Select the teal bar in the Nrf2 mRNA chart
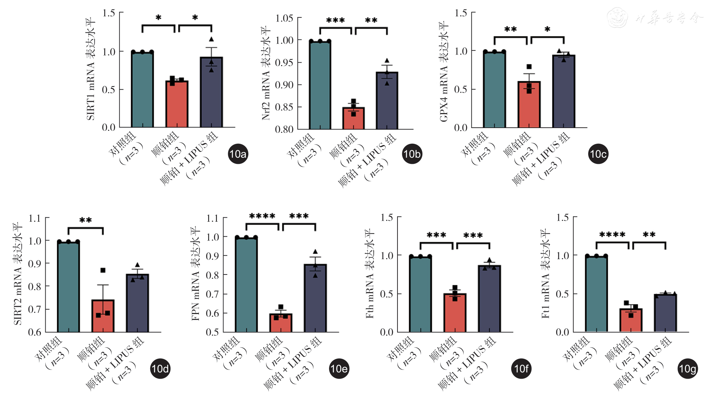coord(320,85)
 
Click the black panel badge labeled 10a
coord(238,154)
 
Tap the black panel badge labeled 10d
coord(160,368)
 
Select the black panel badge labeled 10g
coord(687,369)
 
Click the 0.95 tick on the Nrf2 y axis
coord(284,63)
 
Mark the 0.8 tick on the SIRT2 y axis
coord(35,286)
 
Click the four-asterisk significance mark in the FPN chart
coord(262,216)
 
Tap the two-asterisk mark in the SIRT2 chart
coord(85,220)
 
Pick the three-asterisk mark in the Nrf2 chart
coord(335,20)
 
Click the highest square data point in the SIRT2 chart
coord(103,270)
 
